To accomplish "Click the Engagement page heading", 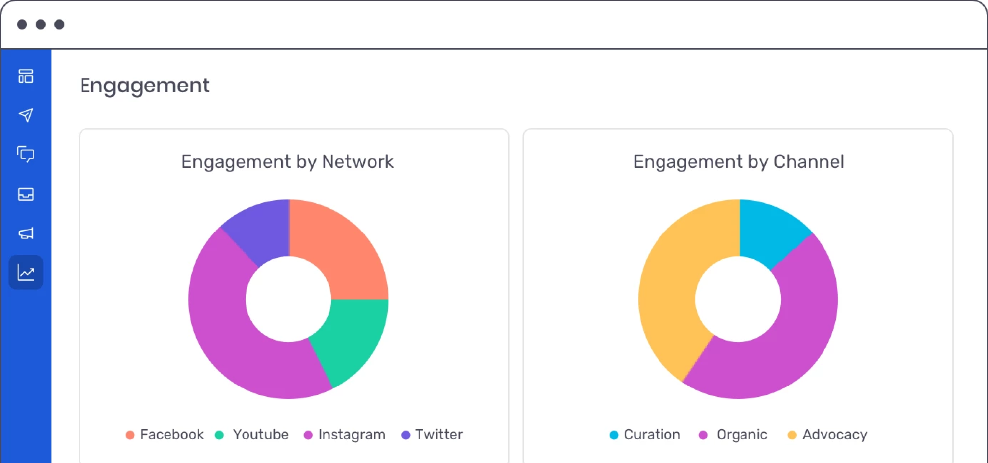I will tap(145, 86).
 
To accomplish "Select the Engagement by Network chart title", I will tap(287, 162).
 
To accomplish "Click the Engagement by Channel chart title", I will tap(739, 162).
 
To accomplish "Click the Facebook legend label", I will tap(171, 435).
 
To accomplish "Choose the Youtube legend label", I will tap(260, 435).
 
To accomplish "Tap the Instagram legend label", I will tap(351, 435).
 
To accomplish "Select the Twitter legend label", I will tap(439, 435).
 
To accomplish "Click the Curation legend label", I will tap(652, 435).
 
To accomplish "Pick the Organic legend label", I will tap(741, 435).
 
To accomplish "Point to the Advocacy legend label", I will tap(834, 435).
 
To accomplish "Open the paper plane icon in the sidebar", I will tap(26, 115).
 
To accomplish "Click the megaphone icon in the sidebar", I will tap(26, 233).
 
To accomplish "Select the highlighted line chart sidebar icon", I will tap(26, 272).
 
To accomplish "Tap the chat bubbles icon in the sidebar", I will tap(26, 154).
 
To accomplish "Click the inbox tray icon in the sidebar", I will tap(26, 194).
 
